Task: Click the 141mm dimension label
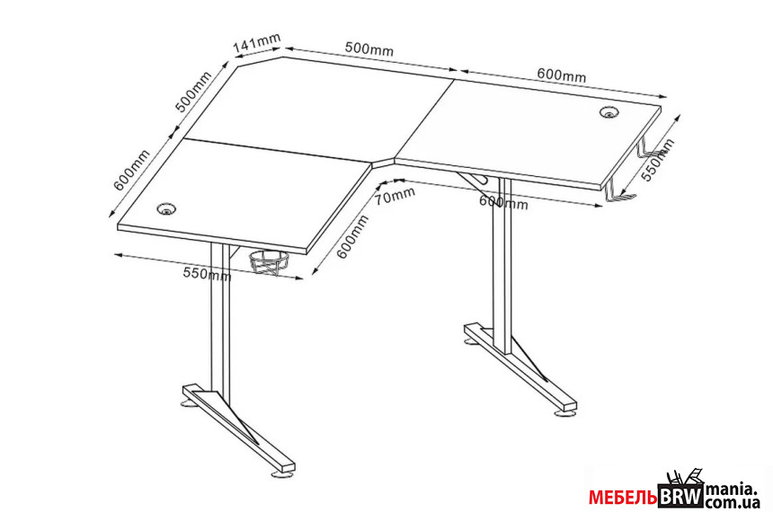257,42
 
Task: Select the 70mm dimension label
395,195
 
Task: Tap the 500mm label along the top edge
369,49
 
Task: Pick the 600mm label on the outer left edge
131,170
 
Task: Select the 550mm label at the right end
658,160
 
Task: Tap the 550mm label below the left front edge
207,273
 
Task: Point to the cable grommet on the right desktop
609,112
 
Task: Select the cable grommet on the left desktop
167,208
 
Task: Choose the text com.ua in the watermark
732,501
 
